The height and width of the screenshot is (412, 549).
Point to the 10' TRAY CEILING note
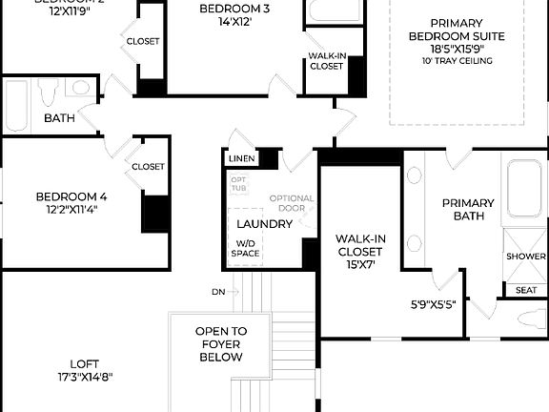tap(456, 61)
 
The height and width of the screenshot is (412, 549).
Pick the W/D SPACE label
tap(245, 248)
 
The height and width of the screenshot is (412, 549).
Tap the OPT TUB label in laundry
tap(239, 184)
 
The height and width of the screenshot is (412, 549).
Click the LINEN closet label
tap(240, 157)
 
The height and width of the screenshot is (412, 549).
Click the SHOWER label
tap(526, 257)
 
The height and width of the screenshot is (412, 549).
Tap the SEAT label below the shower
tap(525, 290)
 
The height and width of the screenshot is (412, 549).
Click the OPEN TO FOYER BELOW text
tap(221, 343)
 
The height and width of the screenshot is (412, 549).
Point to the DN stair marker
tap(218, 291)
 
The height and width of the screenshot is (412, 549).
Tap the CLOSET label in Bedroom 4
tap(148, 166)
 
